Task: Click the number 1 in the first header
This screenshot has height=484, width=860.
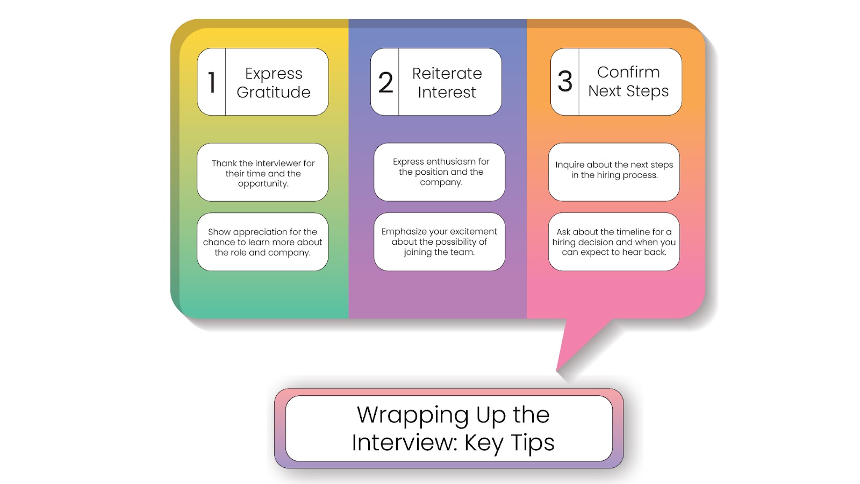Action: [212, 82]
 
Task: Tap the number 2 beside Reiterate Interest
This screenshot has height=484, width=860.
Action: [385, 82]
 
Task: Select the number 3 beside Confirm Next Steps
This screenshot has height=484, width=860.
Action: [565, 81]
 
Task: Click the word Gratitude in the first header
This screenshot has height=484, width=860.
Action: [274, 92]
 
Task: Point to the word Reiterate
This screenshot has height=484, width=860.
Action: [447, 73]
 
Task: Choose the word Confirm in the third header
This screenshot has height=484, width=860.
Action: [628, 72]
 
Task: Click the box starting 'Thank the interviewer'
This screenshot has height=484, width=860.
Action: [263, 173]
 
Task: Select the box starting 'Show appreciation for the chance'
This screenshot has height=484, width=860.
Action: [263, 242]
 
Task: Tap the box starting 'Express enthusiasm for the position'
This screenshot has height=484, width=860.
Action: [440, 172]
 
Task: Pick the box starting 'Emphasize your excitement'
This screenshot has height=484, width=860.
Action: [440, 242]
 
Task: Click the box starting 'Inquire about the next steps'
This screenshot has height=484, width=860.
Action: [614, 172]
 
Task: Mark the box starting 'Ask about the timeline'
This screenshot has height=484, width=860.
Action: [614, 242]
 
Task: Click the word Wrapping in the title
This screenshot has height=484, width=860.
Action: [413, 416]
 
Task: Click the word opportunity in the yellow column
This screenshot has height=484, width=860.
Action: [263, 184]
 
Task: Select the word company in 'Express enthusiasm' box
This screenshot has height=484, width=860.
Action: [441, 182]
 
